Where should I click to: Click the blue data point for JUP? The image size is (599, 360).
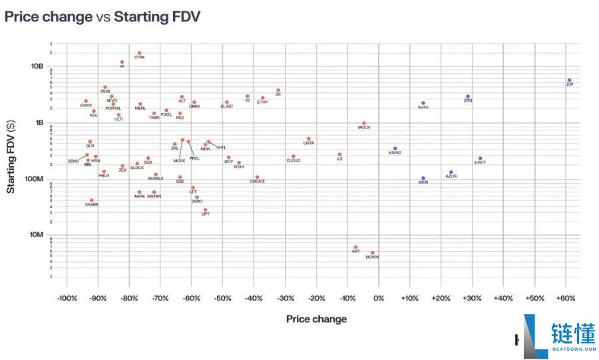(569, 80)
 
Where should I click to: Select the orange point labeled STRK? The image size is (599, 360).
(139, 53)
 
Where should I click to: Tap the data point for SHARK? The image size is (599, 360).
(92, 200)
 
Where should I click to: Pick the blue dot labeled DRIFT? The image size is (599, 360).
(480, 158)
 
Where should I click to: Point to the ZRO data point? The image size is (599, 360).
(468, 96)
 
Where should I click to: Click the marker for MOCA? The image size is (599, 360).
(363, 123)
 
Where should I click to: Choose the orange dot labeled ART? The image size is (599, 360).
(355, 247)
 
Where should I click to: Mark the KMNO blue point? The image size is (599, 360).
(395, 148)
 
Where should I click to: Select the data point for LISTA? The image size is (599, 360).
(309, 138)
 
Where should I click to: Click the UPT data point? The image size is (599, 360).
(205, 210)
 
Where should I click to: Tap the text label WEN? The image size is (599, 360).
(423, 182)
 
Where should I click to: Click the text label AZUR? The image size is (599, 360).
(451, 176)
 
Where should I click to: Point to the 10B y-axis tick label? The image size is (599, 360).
(37, 67)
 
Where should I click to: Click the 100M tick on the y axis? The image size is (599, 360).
(35, 178)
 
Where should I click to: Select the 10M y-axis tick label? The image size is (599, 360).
(37, 234)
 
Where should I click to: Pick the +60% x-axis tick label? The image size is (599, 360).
(566, 297)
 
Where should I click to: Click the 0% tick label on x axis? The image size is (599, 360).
(379, 297)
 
